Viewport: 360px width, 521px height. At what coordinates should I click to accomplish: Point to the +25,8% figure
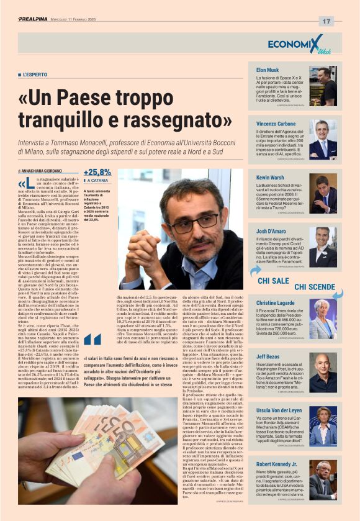click(x=97, y=172)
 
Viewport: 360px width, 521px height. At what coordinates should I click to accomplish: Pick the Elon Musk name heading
click(x=268, y=71)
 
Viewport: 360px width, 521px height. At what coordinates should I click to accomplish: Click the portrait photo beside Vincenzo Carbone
click(x=323, y=140)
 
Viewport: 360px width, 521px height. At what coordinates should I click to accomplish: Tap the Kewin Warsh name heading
click(x=271, y=177)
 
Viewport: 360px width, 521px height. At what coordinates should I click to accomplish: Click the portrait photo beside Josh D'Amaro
click(x=323, y=247)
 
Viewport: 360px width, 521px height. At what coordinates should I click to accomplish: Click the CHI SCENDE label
click(x=314, y=286)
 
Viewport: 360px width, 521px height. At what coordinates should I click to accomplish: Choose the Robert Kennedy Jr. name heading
click(x=277, y=463)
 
